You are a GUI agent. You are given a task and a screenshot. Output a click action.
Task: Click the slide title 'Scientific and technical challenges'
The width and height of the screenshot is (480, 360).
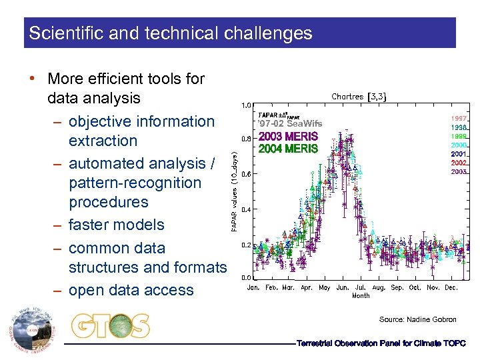(x=170, y=33)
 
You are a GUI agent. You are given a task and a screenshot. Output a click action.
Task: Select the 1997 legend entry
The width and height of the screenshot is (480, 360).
(x=459, y=118)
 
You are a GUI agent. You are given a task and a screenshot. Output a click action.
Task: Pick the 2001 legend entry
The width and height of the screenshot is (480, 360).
(x=459, y=154)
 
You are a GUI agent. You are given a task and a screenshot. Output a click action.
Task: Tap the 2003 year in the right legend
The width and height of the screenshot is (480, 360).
(x=459, y=172)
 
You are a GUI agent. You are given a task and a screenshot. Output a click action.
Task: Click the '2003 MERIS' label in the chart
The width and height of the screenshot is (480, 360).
(x=288, y=137)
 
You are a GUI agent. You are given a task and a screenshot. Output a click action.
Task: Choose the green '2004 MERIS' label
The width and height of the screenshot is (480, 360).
(x=288, y=149)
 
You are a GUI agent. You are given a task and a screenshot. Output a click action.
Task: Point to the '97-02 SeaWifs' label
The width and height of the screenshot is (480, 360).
(x=290, y=124)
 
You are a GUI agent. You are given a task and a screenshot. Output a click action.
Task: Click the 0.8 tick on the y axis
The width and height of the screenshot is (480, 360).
(x=246, y=139)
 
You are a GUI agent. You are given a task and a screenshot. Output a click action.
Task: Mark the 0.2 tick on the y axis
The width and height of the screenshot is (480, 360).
(x=246, y=245)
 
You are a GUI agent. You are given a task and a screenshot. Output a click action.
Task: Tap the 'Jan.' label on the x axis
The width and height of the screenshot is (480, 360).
(x=254, y=288)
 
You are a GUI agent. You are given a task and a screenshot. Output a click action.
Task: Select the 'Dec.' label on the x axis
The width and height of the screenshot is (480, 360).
(x=451, y=288)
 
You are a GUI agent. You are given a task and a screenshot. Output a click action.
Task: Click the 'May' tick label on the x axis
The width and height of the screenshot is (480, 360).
(x=325, y=288)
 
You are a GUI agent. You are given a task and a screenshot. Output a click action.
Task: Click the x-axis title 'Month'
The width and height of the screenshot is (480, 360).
(x=361, y=295)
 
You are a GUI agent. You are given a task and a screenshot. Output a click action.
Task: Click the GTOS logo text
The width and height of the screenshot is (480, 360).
(x=111, y=326)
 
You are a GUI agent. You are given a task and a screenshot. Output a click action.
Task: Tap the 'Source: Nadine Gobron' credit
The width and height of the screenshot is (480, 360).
(x=417, y=320)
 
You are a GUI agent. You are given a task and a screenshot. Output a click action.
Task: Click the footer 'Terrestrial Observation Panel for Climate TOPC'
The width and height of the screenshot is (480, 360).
(x=381, y=343)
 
